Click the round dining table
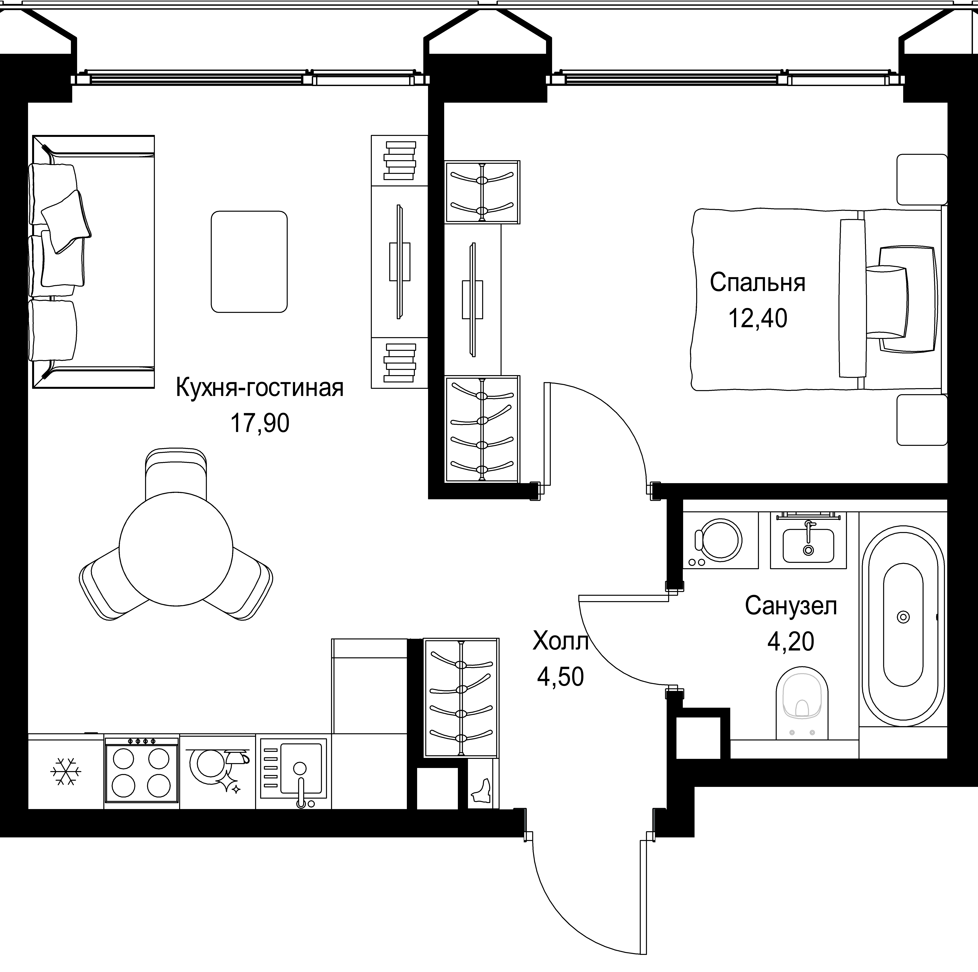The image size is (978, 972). pos(176,549)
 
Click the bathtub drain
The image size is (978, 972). pos(903,617)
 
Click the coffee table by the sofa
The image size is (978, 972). pos(249,262)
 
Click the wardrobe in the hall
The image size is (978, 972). pos(461,698)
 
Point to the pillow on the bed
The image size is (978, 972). pos(900,299)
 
